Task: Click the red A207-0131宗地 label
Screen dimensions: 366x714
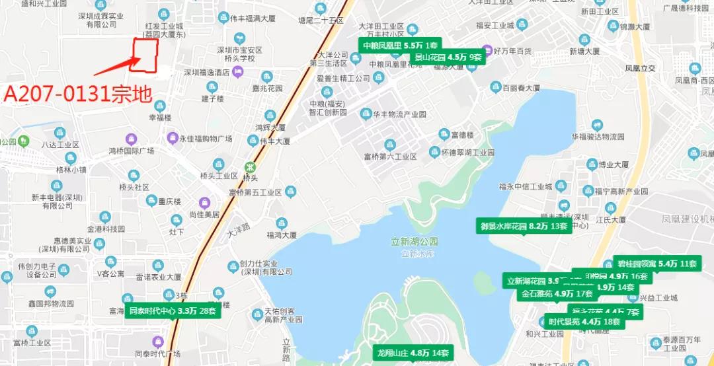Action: pyautogui.click(x=77, y=92)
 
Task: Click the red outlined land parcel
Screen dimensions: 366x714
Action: pyautogui.click(x=145, y=55)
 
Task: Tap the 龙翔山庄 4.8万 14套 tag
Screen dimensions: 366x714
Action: pyautogui.click(x=413, y=352)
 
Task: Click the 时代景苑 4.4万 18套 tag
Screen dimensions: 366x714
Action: pyautogui.click(x=584, y=322)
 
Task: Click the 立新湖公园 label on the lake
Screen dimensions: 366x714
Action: pyautogui.click(x=415, y=242)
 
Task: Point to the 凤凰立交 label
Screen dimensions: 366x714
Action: pyautogui.click(x=640, y=68)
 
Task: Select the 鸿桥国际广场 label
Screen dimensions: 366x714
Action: pyautogui.click(x=131, y=151)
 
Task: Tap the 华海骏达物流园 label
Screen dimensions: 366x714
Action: pyautogui.click(x=597, y=137)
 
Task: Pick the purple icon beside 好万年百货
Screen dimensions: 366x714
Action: pyautogui.click(x=489, y=50)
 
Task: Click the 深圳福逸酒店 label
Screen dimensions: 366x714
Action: pyautogui.click(x=206, y=73)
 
